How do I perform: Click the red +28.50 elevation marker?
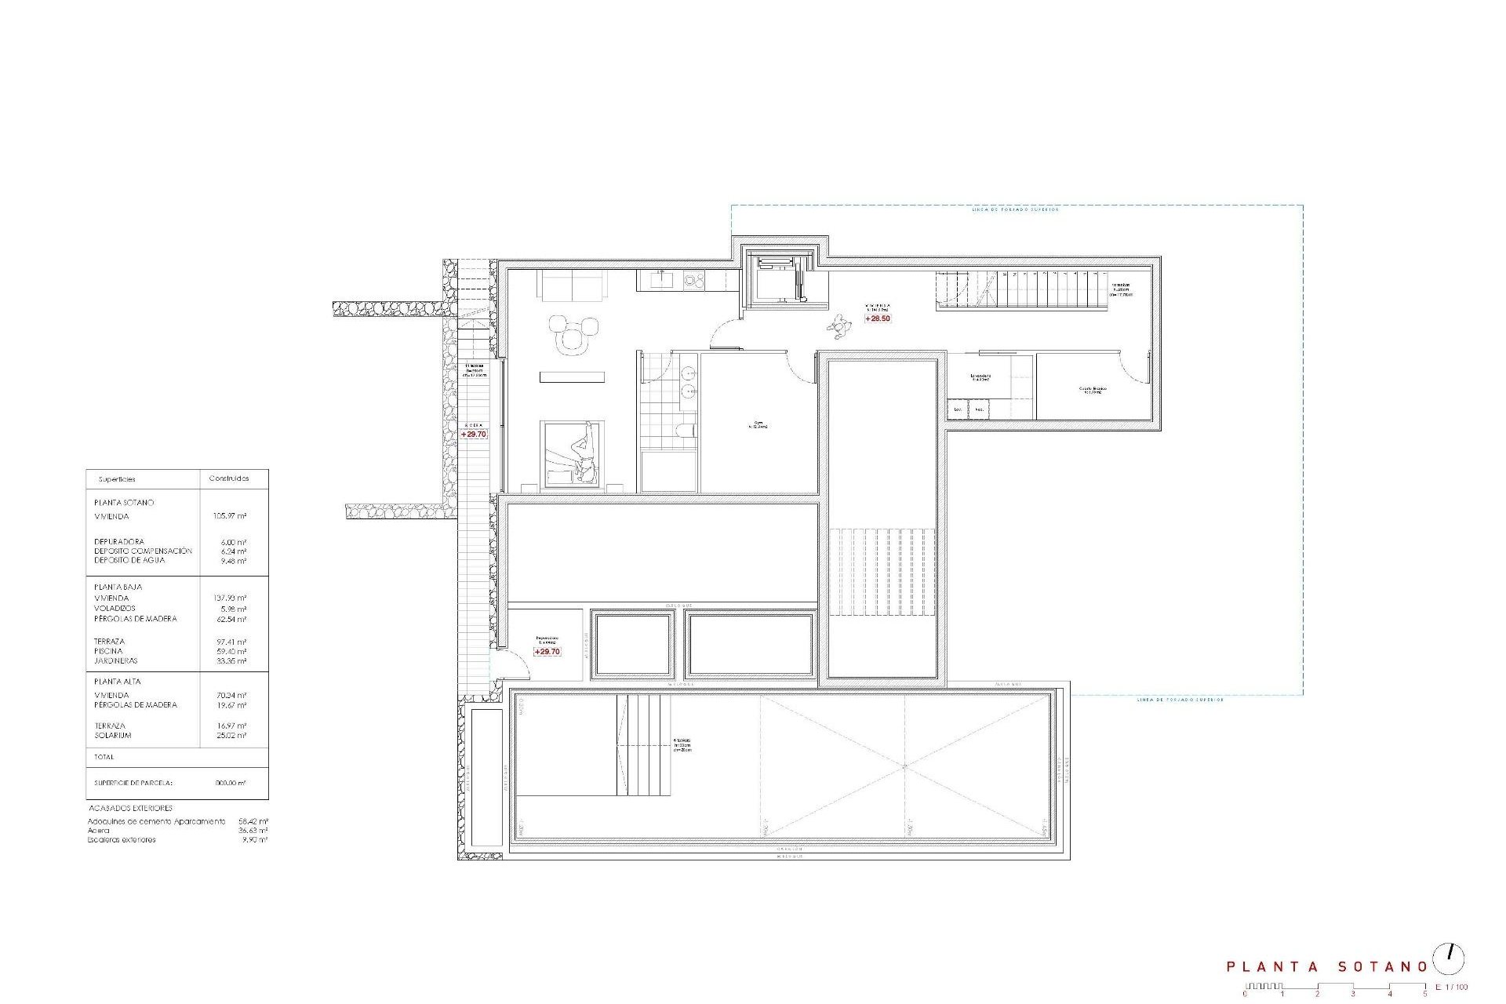(x=878, y=318)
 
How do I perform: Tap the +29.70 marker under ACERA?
(x=474, y=434)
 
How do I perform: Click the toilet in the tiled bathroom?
(x=685, y=429)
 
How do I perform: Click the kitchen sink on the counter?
(x=662, y=278)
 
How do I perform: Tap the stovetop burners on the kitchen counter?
(x=693, y=278)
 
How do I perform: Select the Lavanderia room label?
(x=980, y=377)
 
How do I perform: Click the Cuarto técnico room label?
(x=1090, y=390)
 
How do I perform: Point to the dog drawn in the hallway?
(x=841, y=326)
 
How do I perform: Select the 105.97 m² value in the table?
(x=230, y=516)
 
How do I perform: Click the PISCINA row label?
(x=108, y=651)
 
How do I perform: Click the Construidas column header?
(x=229, y=478)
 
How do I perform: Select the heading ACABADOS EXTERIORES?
(x=130, y=808)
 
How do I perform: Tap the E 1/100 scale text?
(x=1451, y=987)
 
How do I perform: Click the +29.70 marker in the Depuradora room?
(x=547, y=652)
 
